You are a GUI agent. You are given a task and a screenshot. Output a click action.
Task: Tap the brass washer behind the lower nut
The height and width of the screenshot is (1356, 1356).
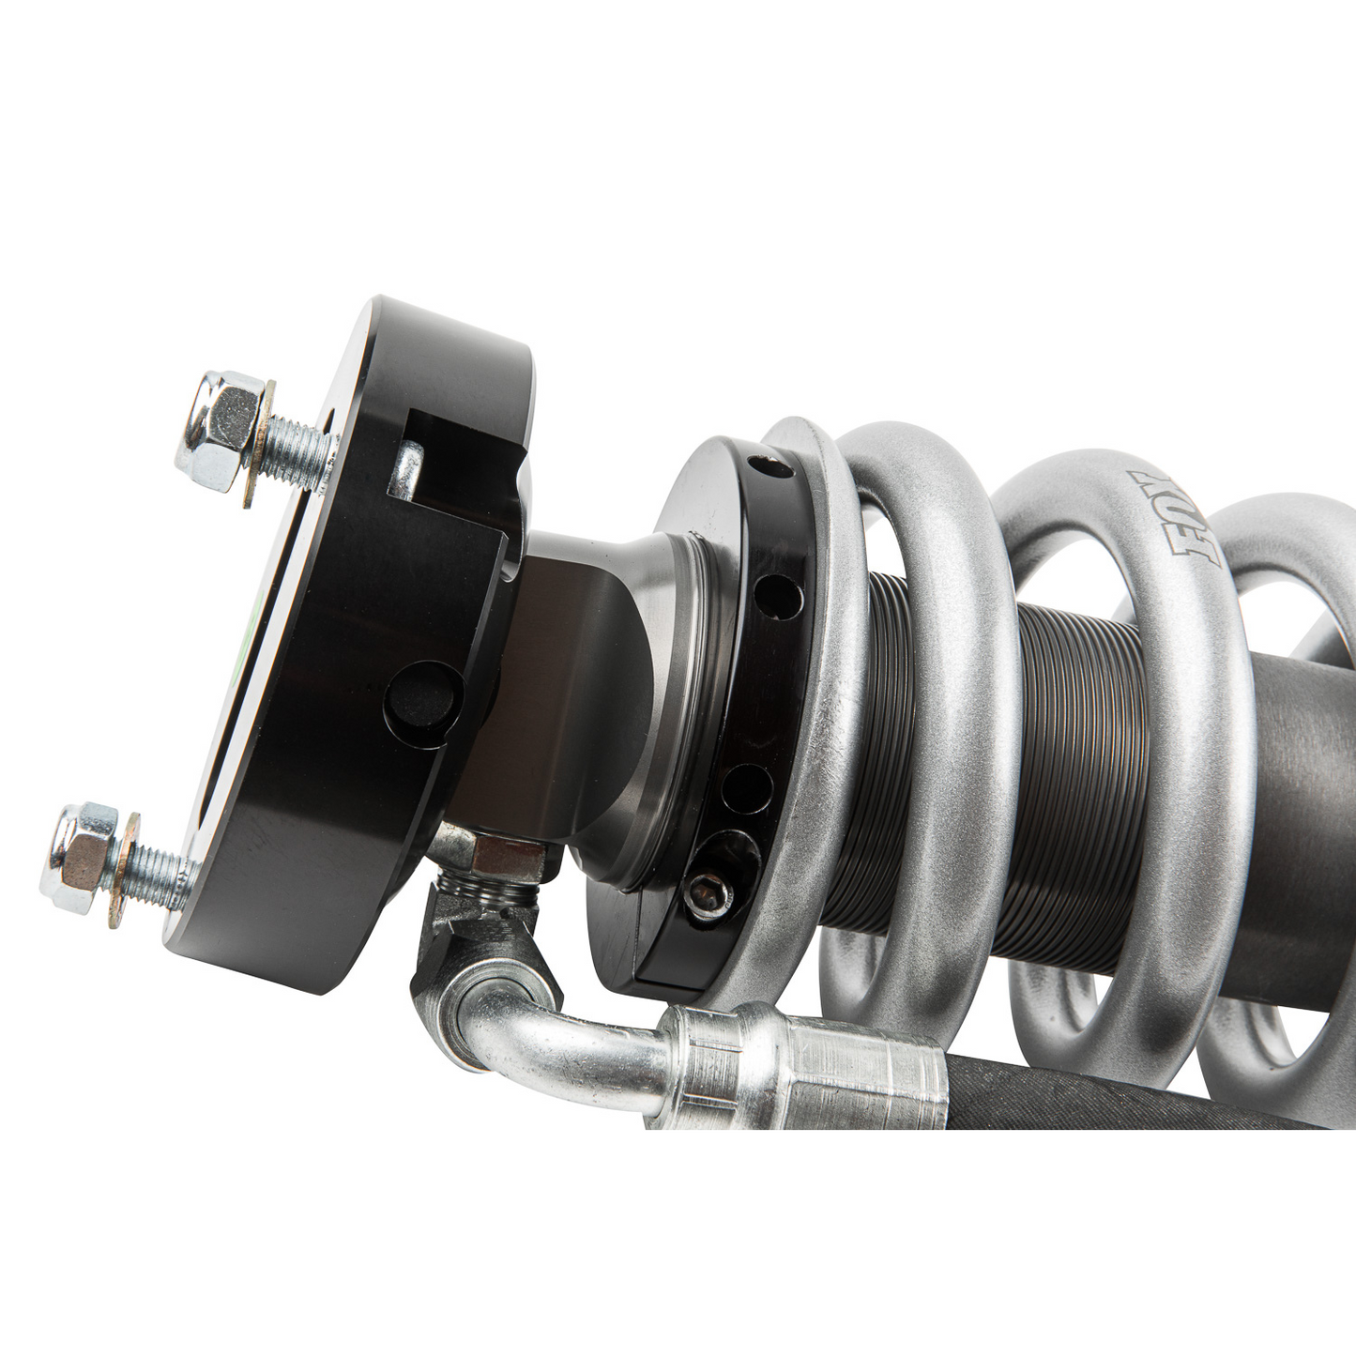pyautogui.click(x=125, y=871)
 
